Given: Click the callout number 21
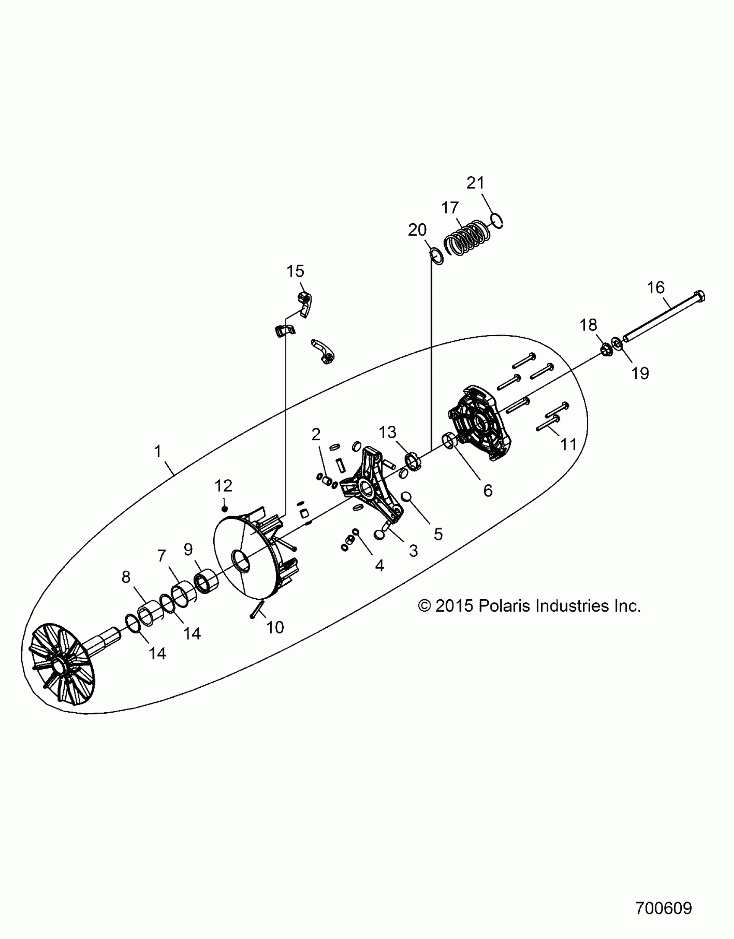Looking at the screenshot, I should [x=475, y=183].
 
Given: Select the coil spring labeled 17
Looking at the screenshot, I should [x=468, y=238].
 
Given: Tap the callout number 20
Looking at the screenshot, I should [x=417, y=230].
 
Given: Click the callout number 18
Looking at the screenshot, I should [x=588, y=325].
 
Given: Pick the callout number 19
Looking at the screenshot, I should [x=640, y=373].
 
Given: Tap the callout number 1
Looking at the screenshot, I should [x=158, y=451].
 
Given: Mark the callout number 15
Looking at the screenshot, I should [x=295, y=271].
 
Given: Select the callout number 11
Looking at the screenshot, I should [x=568, y=444].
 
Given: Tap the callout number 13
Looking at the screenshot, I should [x=387, y=432].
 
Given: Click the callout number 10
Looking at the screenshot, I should [x=275, y=627].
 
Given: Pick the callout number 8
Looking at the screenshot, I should [x=126, y=577].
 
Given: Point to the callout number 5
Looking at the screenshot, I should [x=438, y=534].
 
